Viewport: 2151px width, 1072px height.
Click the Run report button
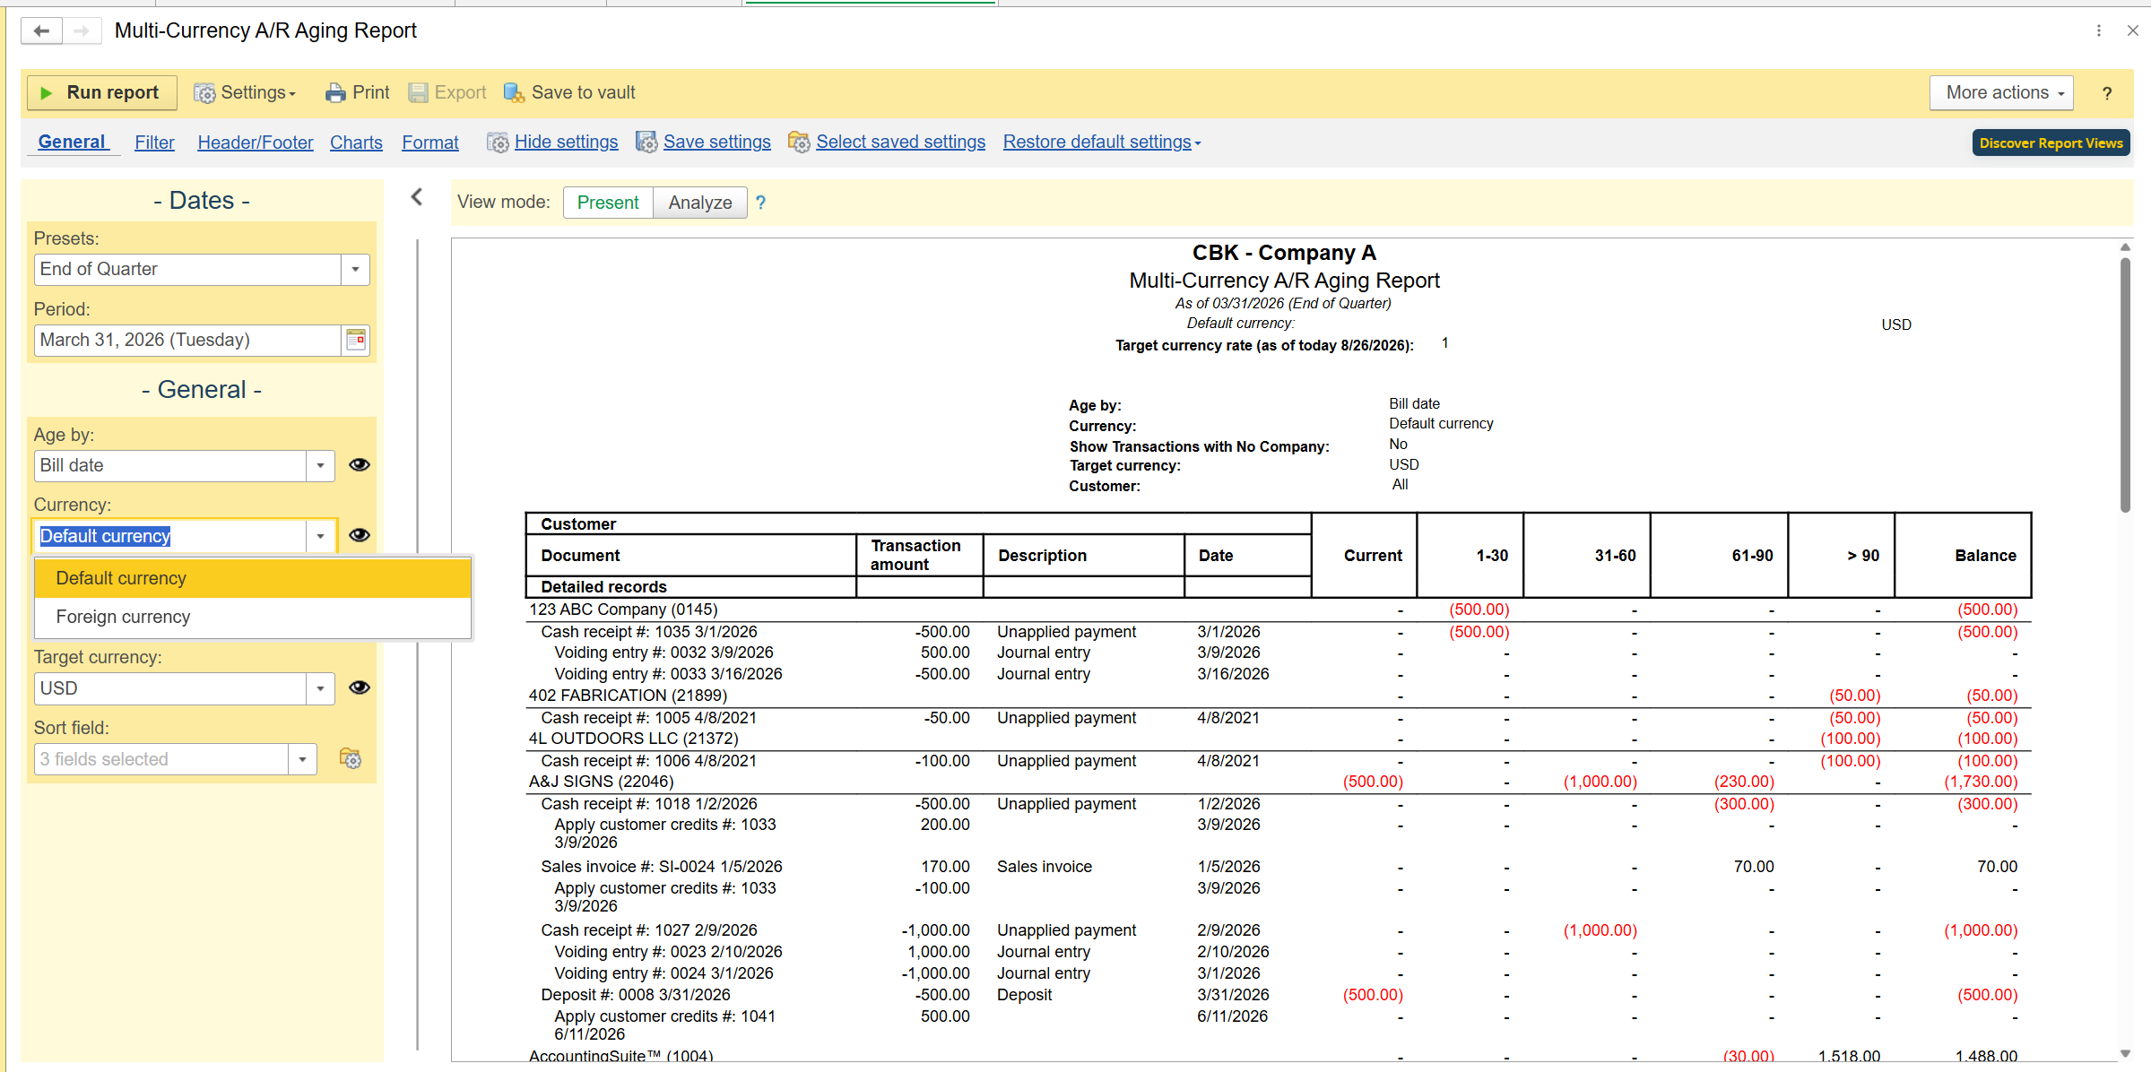102,92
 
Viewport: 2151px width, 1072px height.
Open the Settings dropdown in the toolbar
245,92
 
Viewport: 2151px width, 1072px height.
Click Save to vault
569,92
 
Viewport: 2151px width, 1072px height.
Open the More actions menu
2001,92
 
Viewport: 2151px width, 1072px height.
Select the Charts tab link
356,143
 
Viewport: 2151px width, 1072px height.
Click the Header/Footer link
256,143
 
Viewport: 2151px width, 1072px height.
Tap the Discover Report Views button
2051,143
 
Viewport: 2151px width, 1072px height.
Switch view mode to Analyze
700,203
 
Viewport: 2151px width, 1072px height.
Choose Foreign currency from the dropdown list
123,617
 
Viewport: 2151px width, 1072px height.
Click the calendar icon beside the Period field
356,340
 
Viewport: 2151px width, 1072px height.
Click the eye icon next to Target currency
360,687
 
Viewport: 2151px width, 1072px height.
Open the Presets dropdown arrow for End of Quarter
355,269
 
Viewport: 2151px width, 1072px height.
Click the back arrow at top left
41,31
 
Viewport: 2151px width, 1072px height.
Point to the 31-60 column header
1615,556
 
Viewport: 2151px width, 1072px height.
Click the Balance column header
1985,556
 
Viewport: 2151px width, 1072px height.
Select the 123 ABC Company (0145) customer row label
623,609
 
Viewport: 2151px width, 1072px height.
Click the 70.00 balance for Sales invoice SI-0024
1997,867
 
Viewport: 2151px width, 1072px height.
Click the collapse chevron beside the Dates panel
417,197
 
